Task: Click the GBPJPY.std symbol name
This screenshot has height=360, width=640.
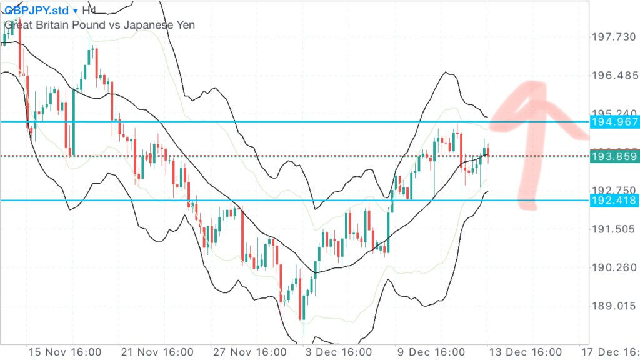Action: pos(36,11)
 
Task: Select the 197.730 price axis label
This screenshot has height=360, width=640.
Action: pos(614,37)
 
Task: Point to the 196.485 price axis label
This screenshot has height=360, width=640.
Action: pos(614,76)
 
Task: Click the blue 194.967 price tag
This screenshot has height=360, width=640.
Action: pos(614,122)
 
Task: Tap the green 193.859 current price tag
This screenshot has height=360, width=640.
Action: pos(614,156)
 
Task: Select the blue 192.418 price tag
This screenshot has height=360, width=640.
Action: pos(614,201)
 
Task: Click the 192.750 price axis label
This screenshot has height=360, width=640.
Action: pos(614,190)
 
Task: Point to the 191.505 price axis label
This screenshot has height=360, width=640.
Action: pos(614,229)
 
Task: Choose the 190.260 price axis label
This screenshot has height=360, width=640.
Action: pos(614,267)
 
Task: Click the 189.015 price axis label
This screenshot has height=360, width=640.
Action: pos(614,306)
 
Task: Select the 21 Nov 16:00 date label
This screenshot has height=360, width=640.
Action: pos(156,352)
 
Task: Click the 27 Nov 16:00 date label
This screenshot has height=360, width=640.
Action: pos(249,352)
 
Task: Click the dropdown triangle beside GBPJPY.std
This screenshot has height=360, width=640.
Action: pos(76,11)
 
